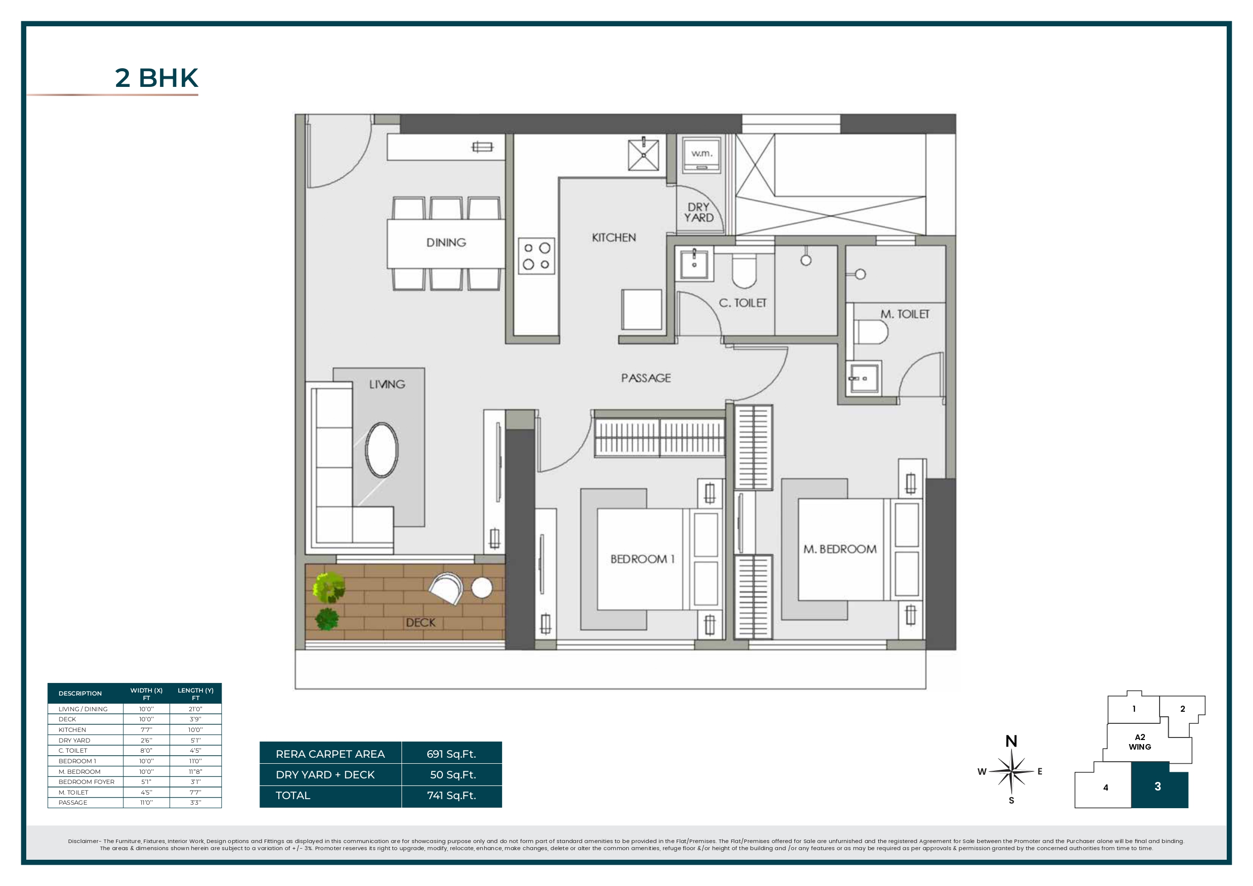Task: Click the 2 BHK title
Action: click(x=157, y=78)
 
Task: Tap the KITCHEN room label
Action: click(x=614, y=237)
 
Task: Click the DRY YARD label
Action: click(x=698, y=212)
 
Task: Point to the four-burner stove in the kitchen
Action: click(x=536, y=256)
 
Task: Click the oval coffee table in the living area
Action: click(x=381, y=450)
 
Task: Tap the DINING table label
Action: click(x=446, y=242)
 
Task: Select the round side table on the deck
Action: click(x=481, y=587)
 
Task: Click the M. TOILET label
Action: click(x=905, y=314)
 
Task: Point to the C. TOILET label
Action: click(x=742, y=303)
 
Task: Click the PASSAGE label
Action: click(x=645, y=378)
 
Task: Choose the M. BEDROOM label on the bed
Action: click(x=839, y=549)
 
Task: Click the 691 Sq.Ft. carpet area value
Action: click(x=452, y=754)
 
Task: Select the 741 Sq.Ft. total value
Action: click(x=452, y=796)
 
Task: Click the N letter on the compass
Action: click(x=1011, y=741)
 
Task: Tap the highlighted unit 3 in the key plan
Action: click(x=1158, y=786)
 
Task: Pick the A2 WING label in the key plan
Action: click(x=1139, y=742)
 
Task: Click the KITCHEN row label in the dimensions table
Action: click(x=72, y=730)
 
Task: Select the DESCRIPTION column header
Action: click(x=80, y=694)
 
